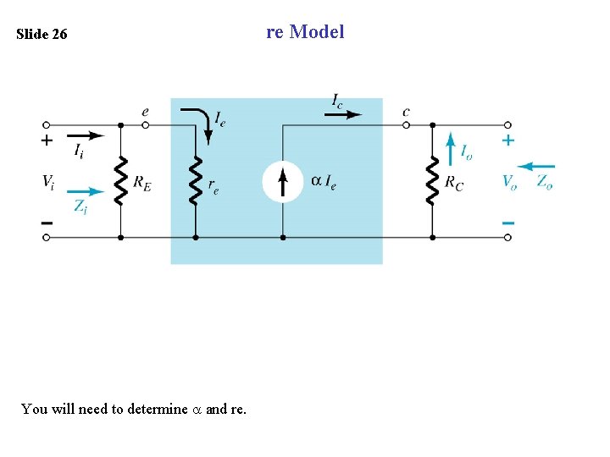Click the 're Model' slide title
point(305,32)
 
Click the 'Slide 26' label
point(42,36)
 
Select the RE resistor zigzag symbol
point(120,180)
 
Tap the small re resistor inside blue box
point(196,180)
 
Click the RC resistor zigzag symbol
point(432,180)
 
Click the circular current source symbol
point(282,181)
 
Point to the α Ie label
point(323,181)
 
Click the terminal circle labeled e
point(146,124)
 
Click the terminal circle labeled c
point(407,124)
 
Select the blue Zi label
point(80,206)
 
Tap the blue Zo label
point(544,181)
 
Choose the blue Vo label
point(509,181)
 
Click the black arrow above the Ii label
point(86,135)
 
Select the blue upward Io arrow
point(450,149)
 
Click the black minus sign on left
point(47,222)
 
